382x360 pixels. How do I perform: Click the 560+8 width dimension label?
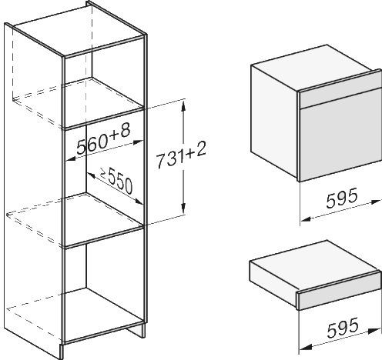[103, 138]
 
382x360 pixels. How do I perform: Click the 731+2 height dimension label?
[181, 157]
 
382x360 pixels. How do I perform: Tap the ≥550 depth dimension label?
[116, 180]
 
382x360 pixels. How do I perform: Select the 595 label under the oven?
[342, 198]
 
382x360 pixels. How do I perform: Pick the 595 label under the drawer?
[343, 328]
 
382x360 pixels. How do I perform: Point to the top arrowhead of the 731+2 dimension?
[183, 106]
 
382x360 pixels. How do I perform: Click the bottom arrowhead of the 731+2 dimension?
[183, 208]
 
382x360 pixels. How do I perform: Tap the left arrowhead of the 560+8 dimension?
[70, 159]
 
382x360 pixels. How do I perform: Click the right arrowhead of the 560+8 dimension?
[138, 142]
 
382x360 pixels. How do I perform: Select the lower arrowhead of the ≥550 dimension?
[139, 202]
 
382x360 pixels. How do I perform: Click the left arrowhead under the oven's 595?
[306, 219]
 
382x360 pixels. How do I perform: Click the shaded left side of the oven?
[274, 122]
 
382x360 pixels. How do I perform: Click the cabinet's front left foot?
[62, 351]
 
